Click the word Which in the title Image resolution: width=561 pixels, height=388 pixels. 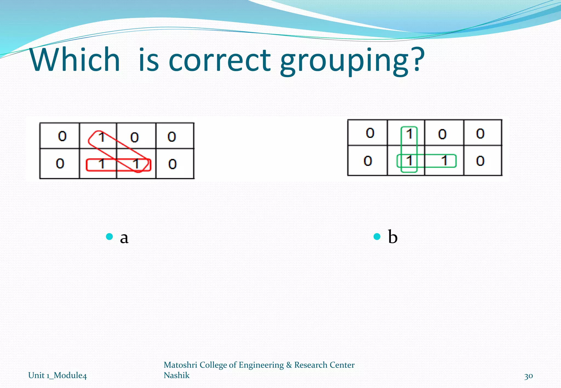click(x=75, y=59)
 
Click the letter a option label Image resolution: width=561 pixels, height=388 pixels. click(x=124, y=237)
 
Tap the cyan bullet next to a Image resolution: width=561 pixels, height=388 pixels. click(x=110, y=236)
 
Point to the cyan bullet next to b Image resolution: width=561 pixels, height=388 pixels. click(x=377, y=236)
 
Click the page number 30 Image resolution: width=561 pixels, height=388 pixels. click(x=528, y=376)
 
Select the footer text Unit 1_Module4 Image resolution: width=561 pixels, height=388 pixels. click(x=58, y=375)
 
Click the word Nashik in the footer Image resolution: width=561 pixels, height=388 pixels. click(x=176, y=375)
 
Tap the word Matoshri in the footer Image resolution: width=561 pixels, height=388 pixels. click(x=181, y=365)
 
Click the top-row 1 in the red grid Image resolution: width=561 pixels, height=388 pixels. click(x=102, y=137)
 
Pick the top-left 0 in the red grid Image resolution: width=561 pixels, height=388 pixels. click(x=62, y=136)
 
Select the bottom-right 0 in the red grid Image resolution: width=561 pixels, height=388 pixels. click(x=172, y=164)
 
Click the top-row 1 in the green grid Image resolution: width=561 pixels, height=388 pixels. click(x=409, y=134)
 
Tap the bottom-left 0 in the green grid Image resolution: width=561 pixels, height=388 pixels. click(x=368, y=161)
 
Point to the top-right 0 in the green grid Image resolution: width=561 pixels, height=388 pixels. click(x=480, y=134)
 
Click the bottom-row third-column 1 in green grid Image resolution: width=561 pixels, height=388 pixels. click(x=444, y=161)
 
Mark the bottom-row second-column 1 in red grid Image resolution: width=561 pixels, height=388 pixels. click(x=102, y=164)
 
